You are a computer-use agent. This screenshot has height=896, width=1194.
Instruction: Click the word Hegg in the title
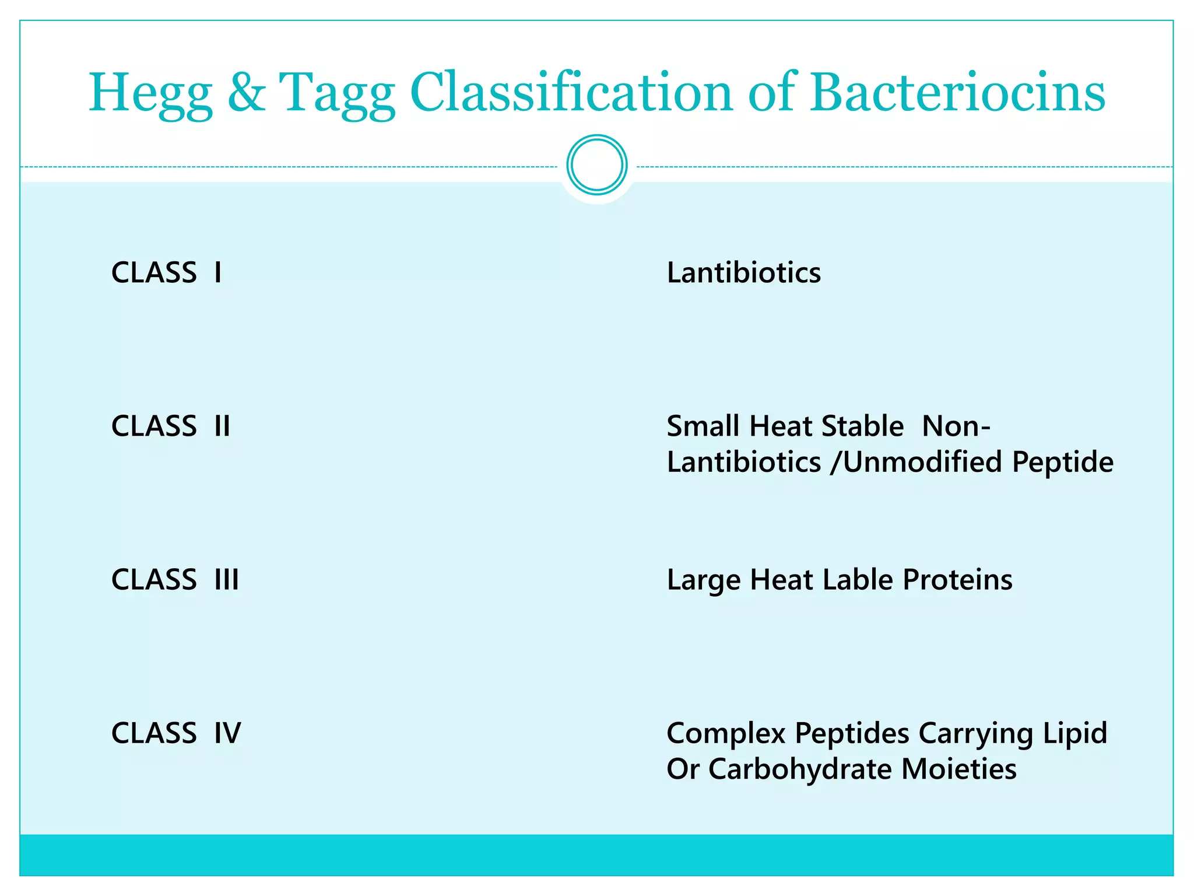[150, 93]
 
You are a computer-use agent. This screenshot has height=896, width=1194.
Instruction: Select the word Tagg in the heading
[337, 93]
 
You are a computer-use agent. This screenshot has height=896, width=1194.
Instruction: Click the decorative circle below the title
[596, 165]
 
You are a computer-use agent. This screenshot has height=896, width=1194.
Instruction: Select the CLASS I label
[167, 272]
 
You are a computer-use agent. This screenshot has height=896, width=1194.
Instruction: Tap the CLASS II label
[171, 426]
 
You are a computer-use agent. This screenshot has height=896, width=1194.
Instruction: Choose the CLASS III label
[175, 580]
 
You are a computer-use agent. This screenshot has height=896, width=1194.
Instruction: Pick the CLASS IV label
[176, 733]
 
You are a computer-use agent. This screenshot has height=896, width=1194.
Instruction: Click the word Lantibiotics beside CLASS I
[743, 272]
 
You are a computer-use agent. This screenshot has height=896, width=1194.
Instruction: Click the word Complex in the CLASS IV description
[726, 734]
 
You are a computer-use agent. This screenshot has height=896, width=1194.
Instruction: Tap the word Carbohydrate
[800, 769]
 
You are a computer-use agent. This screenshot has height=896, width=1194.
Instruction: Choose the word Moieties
[958, 769]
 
